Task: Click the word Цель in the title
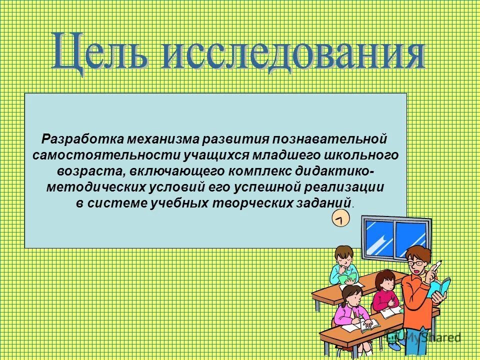click(x=100, y=51)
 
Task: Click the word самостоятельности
click(x=105, y=154)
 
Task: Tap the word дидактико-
click(x=336, y=171)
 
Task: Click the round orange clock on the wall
click(x=340, y=219)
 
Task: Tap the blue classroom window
click(x=396, y=237)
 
